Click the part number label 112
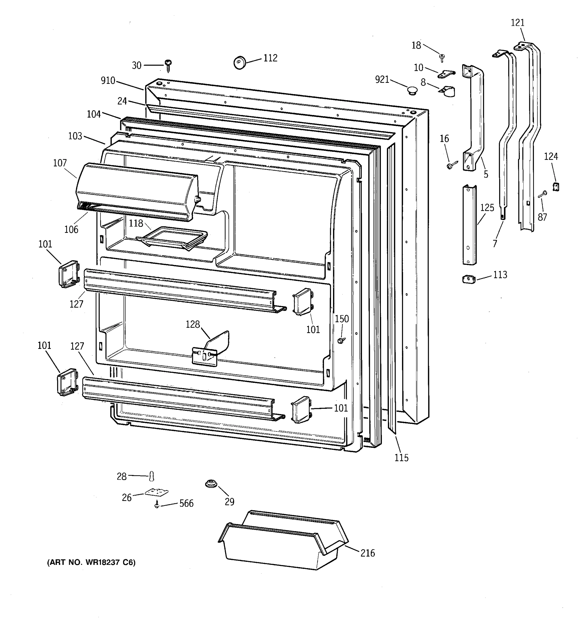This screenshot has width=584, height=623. pos(270,58)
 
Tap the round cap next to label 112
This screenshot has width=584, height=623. pos(240,63)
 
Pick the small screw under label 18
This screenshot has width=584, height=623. pos(442,57)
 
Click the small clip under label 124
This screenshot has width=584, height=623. pos(556,187)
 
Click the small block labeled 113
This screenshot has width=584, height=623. pos(469,279)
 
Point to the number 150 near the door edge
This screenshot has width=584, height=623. pos(342,319)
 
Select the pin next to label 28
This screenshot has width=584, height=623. pos(152,476)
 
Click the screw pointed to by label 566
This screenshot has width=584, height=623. pos(157,504)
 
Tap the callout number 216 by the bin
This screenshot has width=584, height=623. pos(368,553)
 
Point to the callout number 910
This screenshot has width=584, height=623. pos(108,80)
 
